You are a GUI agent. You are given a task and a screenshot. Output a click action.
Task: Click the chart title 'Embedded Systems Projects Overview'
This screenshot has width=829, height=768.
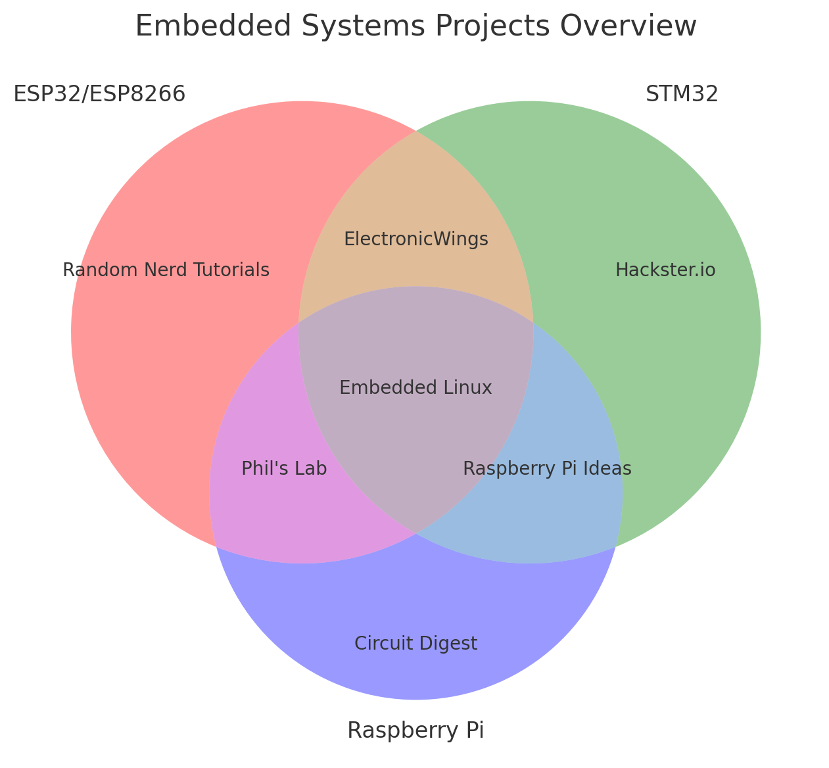pos(415,26)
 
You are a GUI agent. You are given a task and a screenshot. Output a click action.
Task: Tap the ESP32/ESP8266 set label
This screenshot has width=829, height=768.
pos(99,95)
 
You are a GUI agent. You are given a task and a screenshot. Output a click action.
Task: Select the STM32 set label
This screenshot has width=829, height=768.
pos(682,95)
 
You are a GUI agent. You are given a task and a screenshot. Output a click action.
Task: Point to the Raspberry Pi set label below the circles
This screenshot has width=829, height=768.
pos(415,731)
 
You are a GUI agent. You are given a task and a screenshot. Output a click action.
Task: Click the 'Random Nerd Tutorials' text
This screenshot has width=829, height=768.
pos(166,270)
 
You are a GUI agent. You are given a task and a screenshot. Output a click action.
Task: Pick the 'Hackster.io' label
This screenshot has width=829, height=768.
pos(665,270)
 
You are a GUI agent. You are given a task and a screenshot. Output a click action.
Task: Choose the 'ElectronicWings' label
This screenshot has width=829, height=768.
pos(416,239)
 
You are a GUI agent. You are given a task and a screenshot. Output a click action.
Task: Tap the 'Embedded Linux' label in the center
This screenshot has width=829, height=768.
pos(415,388)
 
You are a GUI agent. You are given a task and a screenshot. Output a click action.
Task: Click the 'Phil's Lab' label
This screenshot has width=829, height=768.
pos(284,469)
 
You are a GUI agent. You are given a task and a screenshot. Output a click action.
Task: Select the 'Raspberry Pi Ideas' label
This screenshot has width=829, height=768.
pos(547,469)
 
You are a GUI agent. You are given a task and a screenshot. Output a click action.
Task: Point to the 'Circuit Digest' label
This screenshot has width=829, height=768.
pos(415,644)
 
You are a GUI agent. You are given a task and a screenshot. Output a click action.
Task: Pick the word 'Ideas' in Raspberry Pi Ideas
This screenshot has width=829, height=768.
pos(609,469)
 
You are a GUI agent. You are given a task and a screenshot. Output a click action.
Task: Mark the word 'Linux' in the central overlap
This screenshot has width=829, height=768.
pos(468,388)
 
